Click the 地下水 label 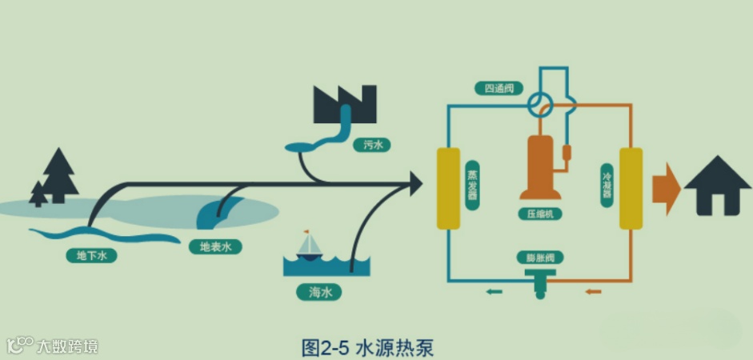pyautogui.click(x=92, y=256)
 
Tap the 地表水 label pyautogui.click(x=215, y=247)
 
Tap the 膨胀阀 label pyautogui.click(x=541, y=258)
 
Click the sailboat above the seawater pyautogui.click(x=309, y=245)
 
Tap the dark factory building pyautogui.click(x=344, y=104)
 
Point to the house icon pyautogui.click(x=717, y=186)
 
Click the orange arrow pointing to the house pyautogui.click(x=666, y=186)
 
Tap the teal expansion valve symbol pyautogui.click(x=541, y=280)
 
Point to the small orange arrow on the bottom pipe pyautogui.click(x=592, y=291)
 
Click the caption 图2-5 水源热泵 pyautogui.click(x=368, y=348)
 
